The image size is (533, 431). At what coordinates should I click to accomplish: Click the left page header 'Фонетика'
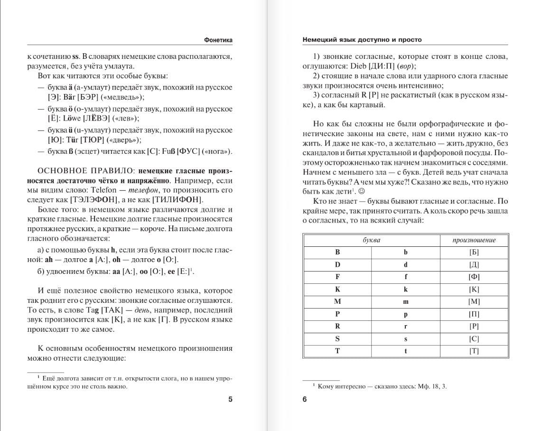tap(218, 40)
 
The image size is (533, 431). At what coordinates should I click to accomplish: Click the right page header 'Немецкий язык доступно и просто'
tap(362, 40)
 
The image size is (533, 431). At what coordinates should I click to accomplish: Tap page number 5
tap(231, 399)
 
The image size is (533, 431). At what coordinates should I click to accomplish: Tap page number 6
tap(305, 399)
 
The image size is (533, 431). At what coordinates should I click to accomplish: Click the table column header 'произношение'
tap(474, 240)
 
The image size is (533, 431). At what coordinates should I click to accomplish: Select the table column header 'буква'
tap(371, 240)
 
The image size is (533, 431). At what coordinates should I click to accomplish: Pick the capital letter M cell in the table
tap(337, 301)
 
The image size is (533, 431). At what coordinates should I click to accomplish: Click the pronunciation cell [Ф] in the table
tap(474, 277)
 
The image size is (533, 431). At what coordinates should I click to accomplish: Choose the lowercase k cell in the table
tap(405, 289)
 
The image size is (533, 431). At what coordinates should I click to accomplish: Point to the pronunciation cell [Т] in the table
tap(474, 351)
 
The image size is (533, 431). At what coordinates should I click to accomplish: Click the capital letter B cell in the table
tap(337, 253)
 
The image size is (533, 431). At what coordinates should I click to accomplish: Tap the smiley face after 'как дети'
tap(361, 191)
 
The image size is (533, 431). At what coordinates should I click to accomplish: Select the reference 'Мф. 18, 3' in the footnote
tap(431, 386)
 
